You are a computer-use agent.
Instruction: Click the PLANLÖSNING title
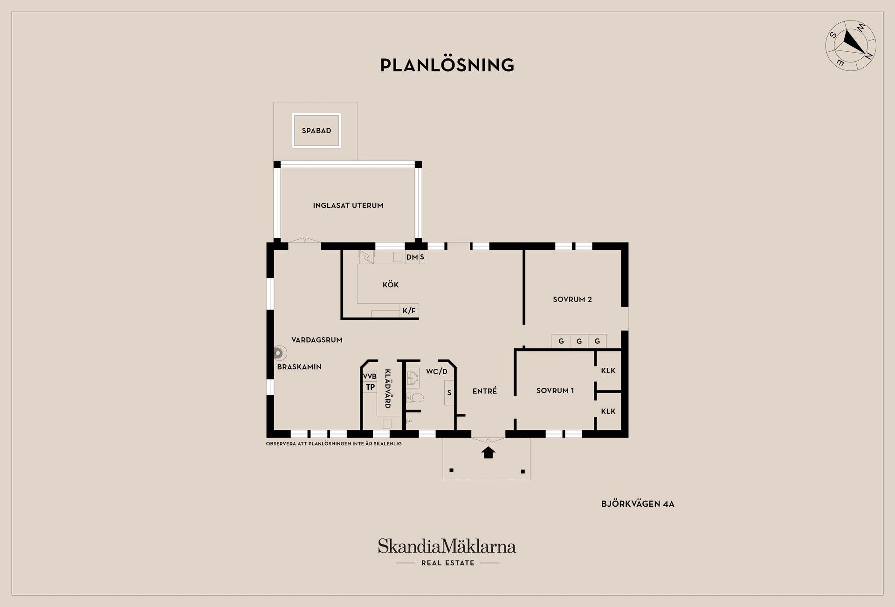[x=447, y=65]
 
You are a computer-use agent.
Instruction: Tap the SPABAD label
[x=317, y=131]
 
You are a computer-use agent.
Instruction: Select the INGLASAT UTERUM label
[x=348, y=205]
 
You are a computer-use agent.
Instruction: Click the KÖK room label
[x=391, y=284]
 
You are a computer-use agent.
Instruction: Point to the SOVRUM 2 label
[x=572, y=299]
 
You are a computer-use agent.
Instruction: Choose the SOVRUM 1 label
[x=555, y=390]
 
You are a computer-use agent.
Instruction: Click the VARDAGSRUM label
[x=317, y=340]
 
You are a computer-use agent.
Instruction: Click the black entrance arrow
[x=488, y=452]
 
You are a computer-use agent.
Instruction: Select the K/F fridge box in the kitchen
[x=409, y=310]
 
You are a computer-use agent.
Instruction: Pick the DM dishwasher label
[x=412, y=257]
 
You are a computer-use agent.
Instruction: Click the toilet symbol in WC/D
[x=415, y=398]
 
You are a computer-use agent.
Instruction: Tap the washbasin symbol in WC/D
[x=413, y=378]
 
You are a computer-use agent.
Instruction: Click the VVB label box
[x=370, y=376]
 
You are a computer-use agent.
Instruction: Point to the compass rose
[x=851, y=45]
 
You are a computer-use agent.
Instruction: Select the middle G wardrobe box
[x=579, y=341]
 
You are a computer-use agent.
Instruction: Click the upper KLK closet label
[x=608, y=371]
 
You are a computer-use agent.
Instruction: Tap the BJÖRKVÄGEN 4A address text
[x=638, y=504]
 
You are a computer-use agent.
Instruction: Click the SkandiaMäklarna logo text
[x=447, y=546]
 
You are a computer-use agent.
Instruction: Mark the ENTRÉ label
[x=485, y=391]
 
